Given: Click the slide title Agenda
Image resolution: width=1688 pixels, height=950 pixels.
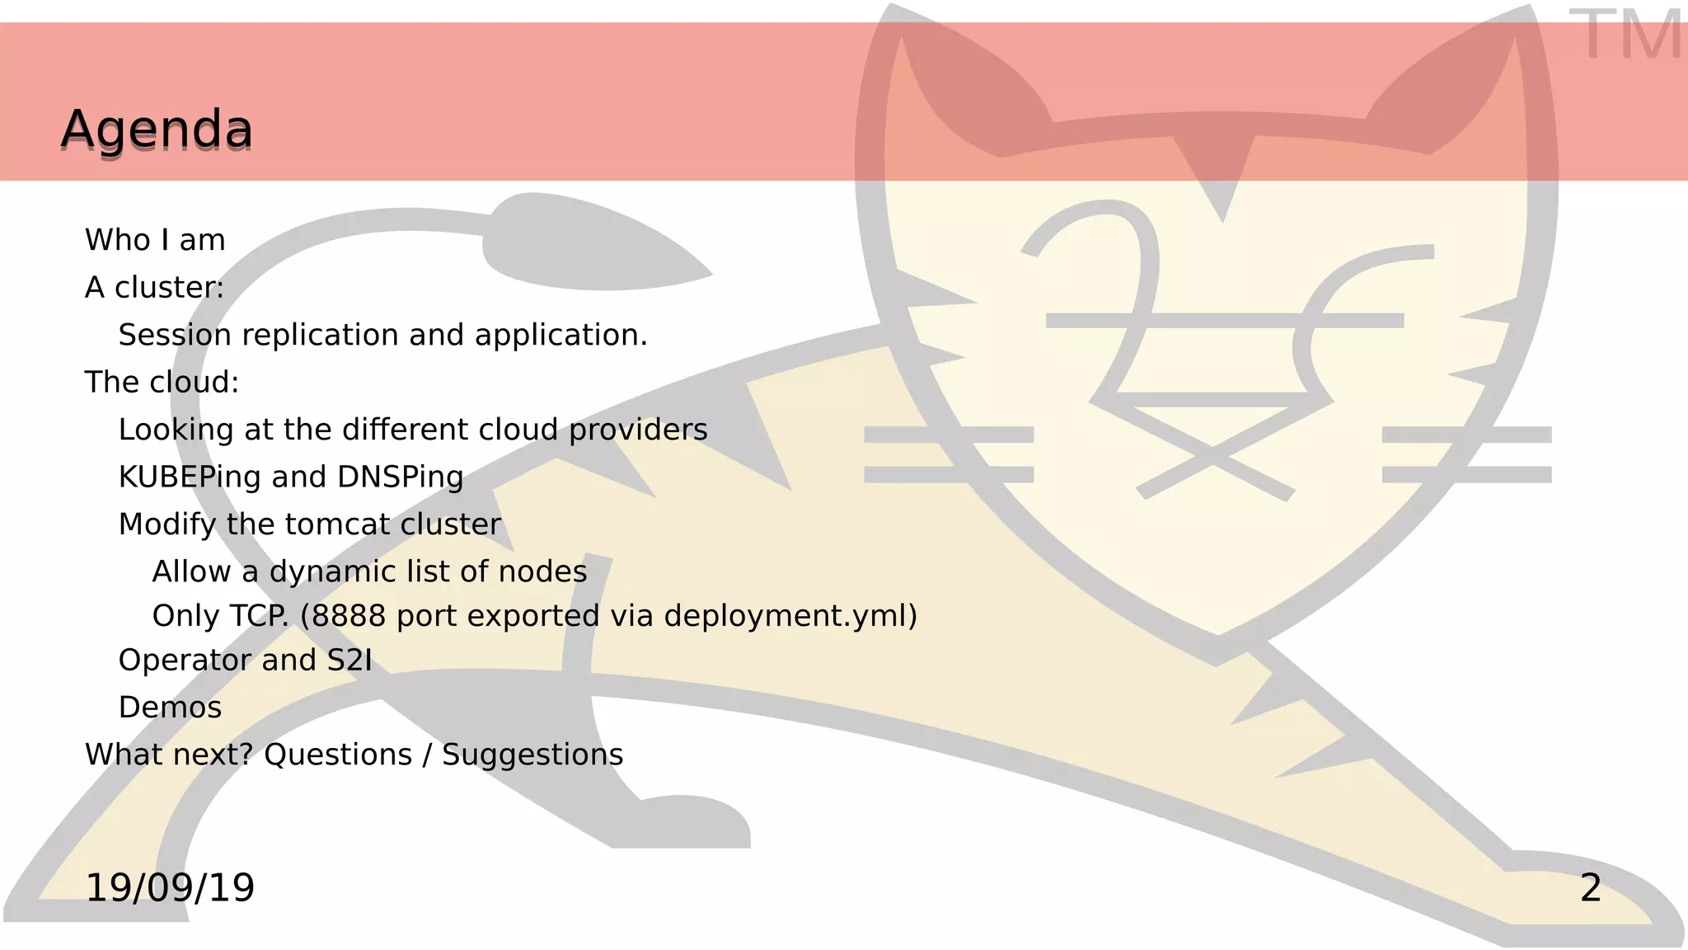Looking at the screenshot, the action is (x=157, y=129).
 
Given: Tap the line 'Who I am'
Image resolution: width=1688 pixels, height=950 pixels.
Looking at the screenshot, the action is (x=155, y=240).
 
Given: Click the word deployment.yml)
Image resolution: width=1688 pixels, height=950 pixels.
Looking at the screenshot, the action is (x=790, y=616).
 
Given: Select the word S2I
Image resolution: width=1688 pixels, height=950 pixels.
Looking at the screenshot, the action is (x=349, y=661).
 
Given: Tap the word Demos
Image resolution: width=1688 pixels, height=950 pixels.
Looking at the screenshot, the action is (x=170, y=708).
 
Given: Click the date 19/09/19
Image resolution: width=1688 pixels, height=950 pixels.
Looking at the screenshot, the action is (x=170, y=888).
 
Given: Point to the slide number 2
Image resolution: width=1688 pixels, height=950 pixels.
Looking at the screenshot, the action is (x=1591, y=888).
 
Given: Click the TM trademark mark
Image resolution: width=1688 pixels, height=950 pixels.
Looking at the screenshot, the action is (x=1625, y=35).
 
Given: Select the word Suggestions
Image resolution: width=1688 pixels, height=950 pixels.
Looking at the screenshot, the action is (x=532, y=755).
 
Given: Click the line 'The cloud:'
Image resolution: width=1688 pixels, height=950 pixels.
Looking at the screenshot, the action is (x=162, y=383).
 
